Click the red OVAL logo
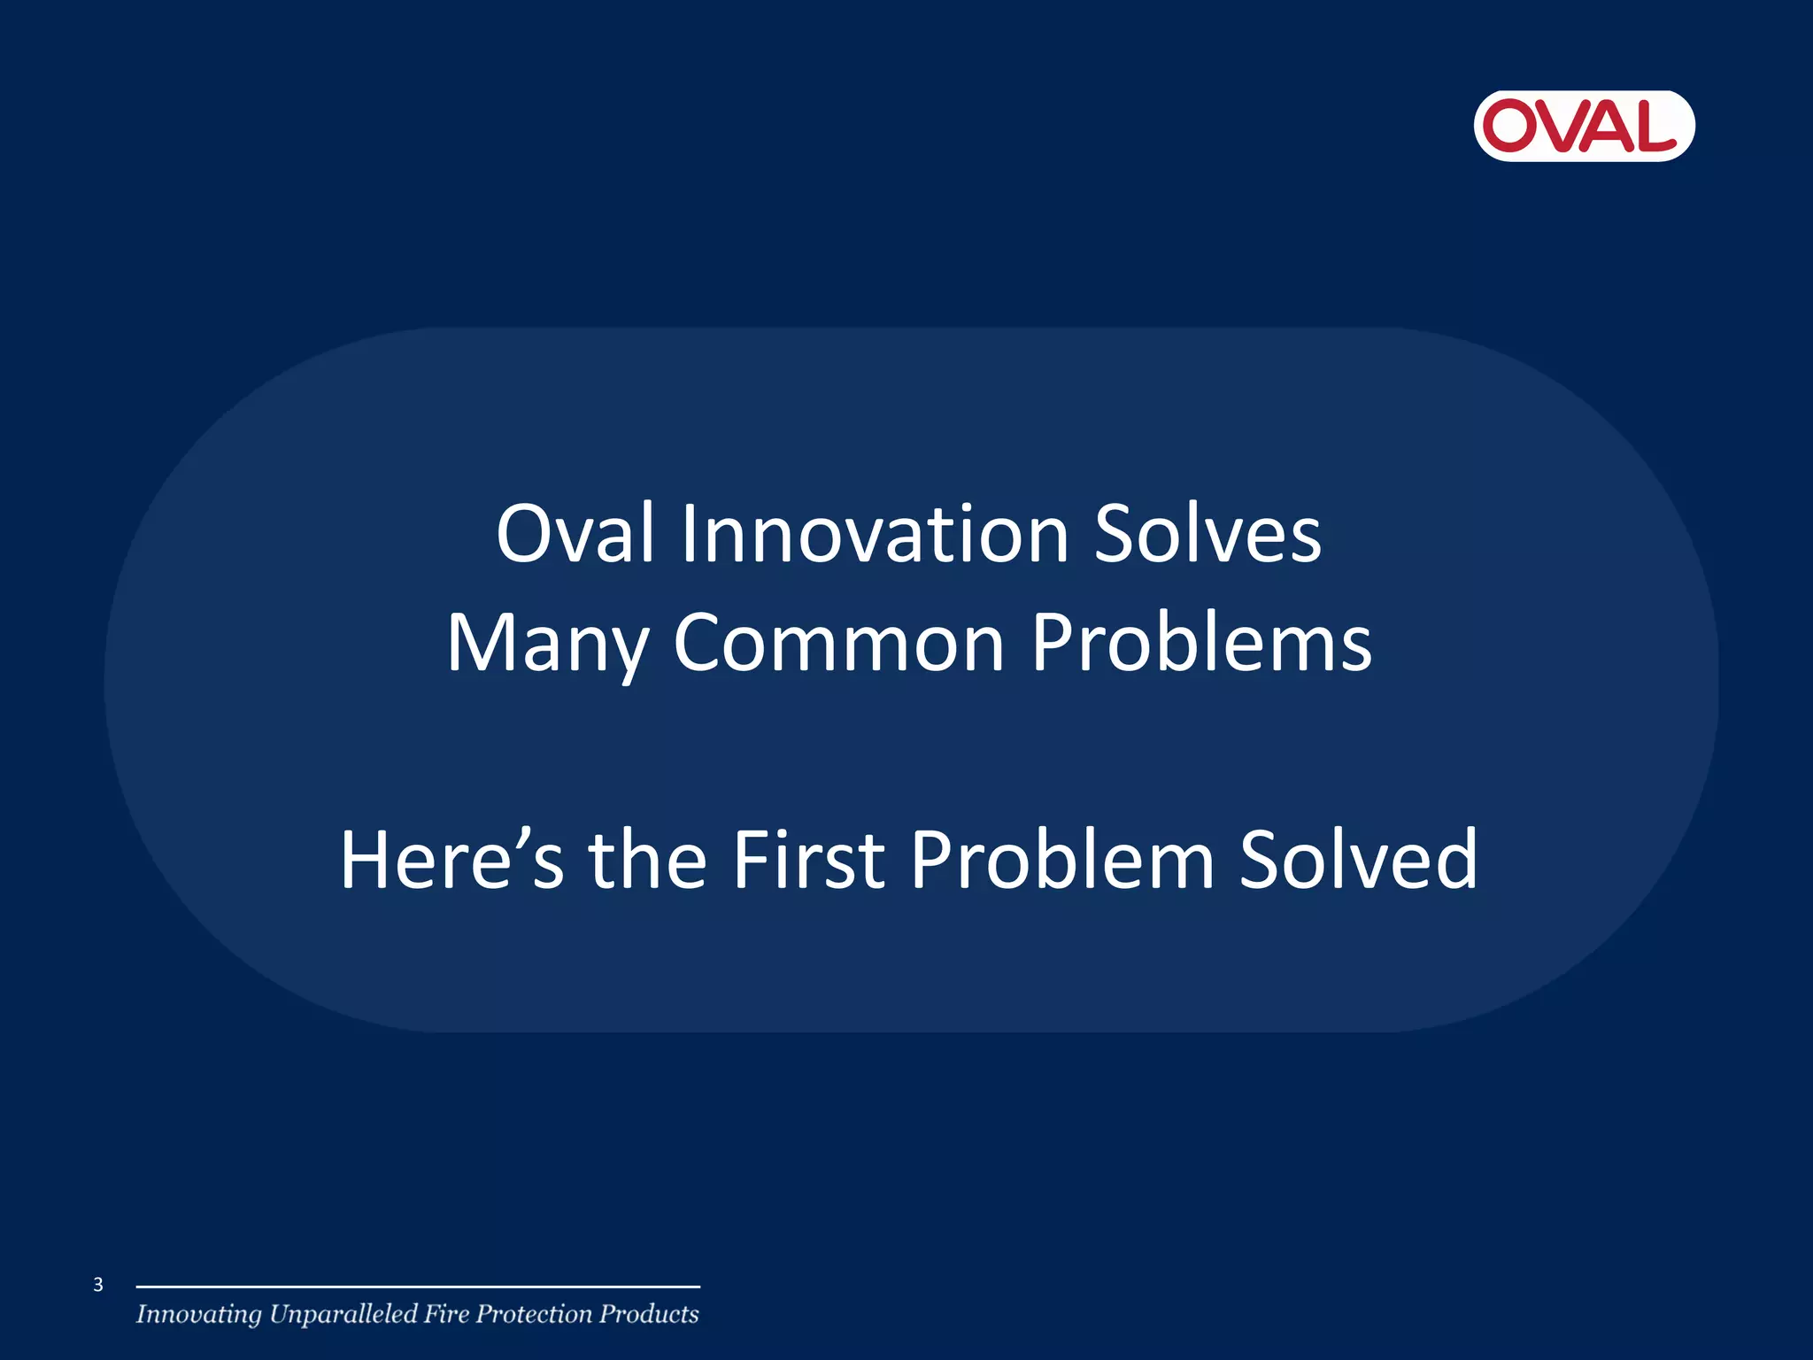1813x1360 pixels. (1584, 126)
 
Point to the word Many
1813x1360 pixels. (547, 645)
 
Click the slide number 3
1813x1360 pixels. (98, 1285)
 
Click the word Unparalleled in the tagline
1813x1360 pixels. (343, 1315)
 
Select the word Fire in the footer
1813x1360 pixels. (445, 1314)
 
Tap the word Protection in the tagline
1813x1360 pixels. (534, 1314)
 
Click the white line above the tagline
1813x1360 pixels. (418, 1287)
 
